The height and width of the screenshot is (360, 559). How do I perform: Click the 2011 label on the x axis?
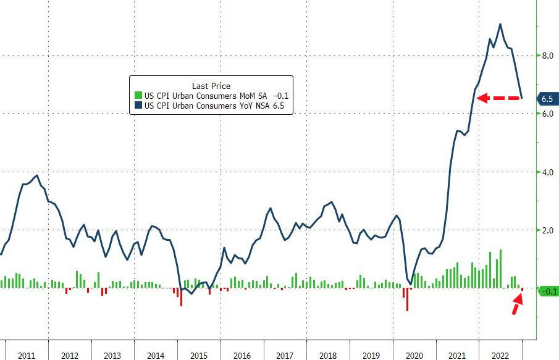click(x=27, y=356)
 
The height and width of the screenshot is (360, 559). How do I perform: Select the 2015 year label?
click(x=199, y=356)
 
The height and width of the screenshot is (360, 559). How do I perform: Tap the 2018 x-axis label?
click(x=328, y=356)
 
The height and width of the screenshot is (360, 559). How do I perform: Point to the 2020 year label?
click(x=414, y=356)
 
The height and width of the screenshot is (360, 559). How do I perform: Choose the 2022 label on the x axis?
click(x=500, y=356)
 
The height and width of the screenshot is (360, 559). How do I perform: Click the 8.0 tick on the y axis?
click(x=547, y=56)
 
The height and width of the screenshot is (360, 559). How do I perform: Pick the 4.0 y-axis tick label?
click(x=547, y=172)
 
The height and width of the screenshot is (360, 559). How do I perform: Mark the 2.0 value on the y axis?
click(x=547, y=230)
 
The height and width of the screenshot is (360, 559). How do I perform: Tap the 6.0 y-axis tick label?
click(x=547, y=114)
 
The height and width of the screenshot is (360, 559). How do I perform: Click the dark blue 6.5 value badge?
click(x=547, y=99)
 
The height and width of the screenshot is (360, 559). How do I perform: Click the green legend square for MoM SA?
click(x=138, y=96)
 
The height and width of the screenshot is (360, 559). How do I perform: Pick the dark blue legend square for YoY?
click(x=138, y=106)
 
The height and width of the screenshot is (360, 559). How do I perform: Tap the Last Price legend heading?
click(x=211, y=86)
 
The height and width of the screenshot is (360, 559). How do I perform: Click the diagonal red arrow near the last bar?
click(x=516, y=304)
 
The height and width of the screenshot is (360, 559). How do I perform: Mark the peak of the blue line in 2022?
click(x=500, y=25)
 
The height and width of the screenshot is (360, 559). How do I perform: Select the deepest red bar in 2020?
click(x=407, y=299)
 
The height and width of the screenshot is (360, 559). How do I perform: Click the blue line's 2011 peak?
click(x=38, y=175)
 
